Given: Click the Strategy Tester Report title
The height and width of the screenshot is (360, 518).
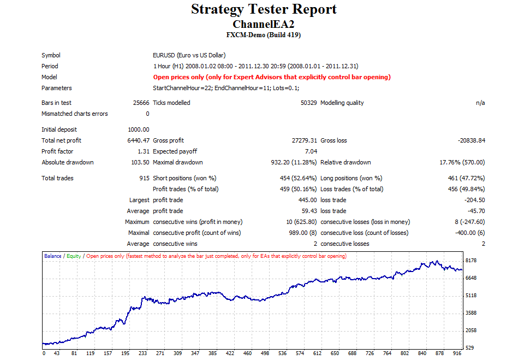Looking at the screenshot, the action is [x=264, y=9].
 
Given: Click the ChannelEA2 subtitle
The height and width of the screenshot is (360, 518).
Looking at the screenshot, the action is [x=263, y=24].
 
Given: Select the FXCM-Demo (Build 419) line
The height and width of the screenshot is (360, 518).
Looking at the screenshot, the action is [x=263, y=35].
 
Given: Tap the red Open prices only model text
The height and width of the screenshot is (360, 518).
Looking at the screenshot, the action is [x=271, y=77].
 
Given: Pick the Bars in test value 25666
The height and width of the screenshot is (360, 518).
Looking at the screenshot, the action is [x=141, y=103].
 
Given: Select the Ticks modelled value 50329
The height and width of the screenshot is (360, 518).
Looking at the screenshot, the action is [x=308, y=103].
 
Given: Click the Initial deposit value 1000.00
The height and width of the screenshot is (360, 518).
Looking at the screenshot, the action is [x=139, y=129].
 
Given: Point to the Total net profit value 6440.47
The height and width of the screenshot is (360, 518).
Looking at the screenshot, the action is [x=139, y=140].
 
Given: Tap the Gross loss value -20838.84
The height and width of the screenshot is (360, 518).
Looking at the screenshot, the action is [x=472, y=140].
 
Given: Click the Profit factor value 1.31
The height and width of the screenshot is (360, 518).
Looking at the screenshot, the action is [x=144, y=151].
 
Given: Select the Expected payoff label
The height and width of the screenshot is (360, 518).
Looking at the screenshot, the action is [x=175, y=151].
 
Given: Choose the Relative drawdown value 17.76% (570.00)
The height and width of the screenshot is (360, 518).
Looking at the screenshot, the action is [x=462, y=162].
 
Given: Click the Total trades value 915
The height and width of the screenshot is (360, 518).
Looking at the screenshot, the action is [x=144, y=178].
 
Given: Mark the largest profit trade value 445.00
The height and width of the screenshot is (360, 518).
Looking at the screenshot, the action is [x=307, y=200].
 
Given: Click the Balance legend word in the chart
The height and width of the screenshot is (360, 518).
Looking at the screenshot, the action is [x=53, y=256].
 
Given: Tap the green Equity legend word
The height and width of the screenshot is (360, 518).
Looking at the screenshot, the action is [x=74, y=256].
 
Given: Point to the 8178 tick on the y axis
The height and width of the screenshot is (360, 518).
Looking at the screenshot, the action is [x=471, y=261].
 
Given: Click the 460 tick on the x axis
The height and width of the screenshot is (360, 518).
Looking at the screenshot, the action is [x=247, y=353].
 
